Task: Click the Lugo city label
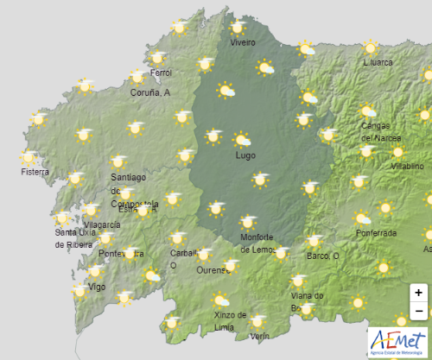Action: click(245, 155)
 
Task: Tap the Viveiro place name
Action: click(243, 42)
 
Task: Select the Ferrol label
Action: click(161, 74)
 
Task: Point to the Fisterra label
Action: click(35, 173)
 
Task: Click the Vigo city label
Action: click(97, 287)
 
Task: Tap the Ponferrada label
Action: click(376, 233)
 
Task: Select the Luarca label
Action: click(378, 62)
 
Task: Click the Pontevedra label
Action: click(118, 253)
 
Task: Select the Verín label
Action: click(259, 335)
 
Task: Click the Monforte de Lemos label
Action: click(257, 243)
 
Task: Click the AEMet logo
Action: click(397, 340)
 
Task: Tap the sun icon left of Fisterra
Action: click(29, 157)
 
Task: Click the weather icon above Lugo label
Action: click(242, 138)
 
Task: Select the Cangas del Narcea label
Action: click(380, 131)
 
